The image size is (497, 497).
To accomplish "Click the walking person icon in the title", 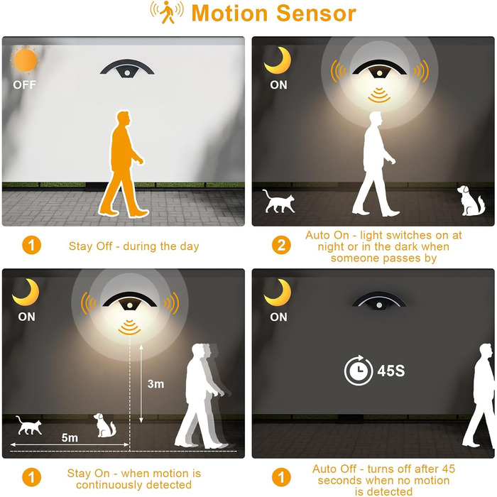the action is click(167, 12).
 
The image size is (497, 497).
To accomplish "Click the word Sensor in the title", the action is click(316, 13).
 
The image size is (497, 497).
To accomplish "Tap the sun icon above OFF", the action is click(26, 60).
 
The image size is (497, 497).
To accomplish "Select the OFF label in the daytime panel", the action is click(24, 85).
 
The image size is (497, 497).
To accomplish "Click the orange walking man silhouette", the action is click(122, 163).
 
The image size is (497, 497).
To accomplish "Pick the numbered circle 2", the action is click(281, 245).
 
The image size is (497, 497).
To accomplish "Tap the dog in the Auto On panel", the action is click(471, 200).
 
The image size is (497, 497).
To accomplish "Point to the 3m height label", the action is click(155, 384).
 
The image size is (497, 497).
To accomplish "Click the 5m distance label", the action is click(70, 438).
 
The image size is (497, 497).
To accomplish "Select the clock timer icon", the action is click(359, 370).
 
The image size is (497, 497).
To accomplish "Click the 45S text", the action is click(390, 371).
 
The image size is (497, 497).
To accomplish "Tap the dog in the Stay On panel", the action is click(105, 425).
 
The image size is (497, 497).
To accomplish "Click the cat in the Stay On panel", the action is click(29, 425).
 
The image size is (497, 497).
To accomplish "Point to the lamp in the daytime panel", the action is click(127, 68).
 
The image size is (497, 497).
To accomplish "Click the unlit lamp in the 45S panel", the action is click(379, 300).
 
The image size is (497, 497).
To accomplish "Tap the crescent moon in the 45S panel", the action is click(278, 293).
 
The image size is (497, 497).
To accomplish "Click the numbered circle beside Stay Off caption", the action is click(31, 245).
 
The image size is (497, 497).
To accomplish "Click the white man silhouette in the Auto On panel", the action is click(375, 164).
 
